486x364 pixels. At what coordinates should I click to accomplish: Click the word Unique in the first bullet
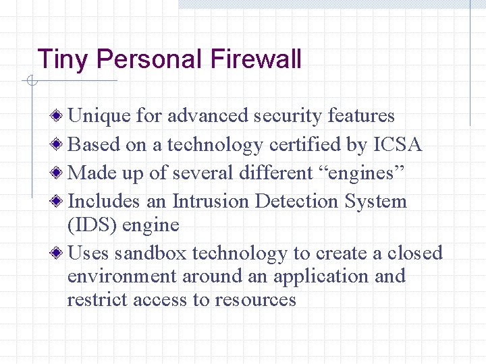tap(100, 116)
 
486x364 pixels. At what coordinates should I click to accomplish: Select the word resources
tap(255, 299)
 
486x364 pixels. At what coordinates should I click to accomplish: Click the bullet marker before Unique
tap(61, 116)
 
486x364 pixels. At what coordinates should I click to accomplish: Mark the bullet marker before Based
tap(61, 144)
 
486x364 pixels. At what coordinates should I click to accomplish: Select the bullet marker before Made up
tap(61, 173)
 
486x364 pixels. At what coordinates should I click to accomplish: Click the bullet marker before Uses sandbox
tap(61, 253)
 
